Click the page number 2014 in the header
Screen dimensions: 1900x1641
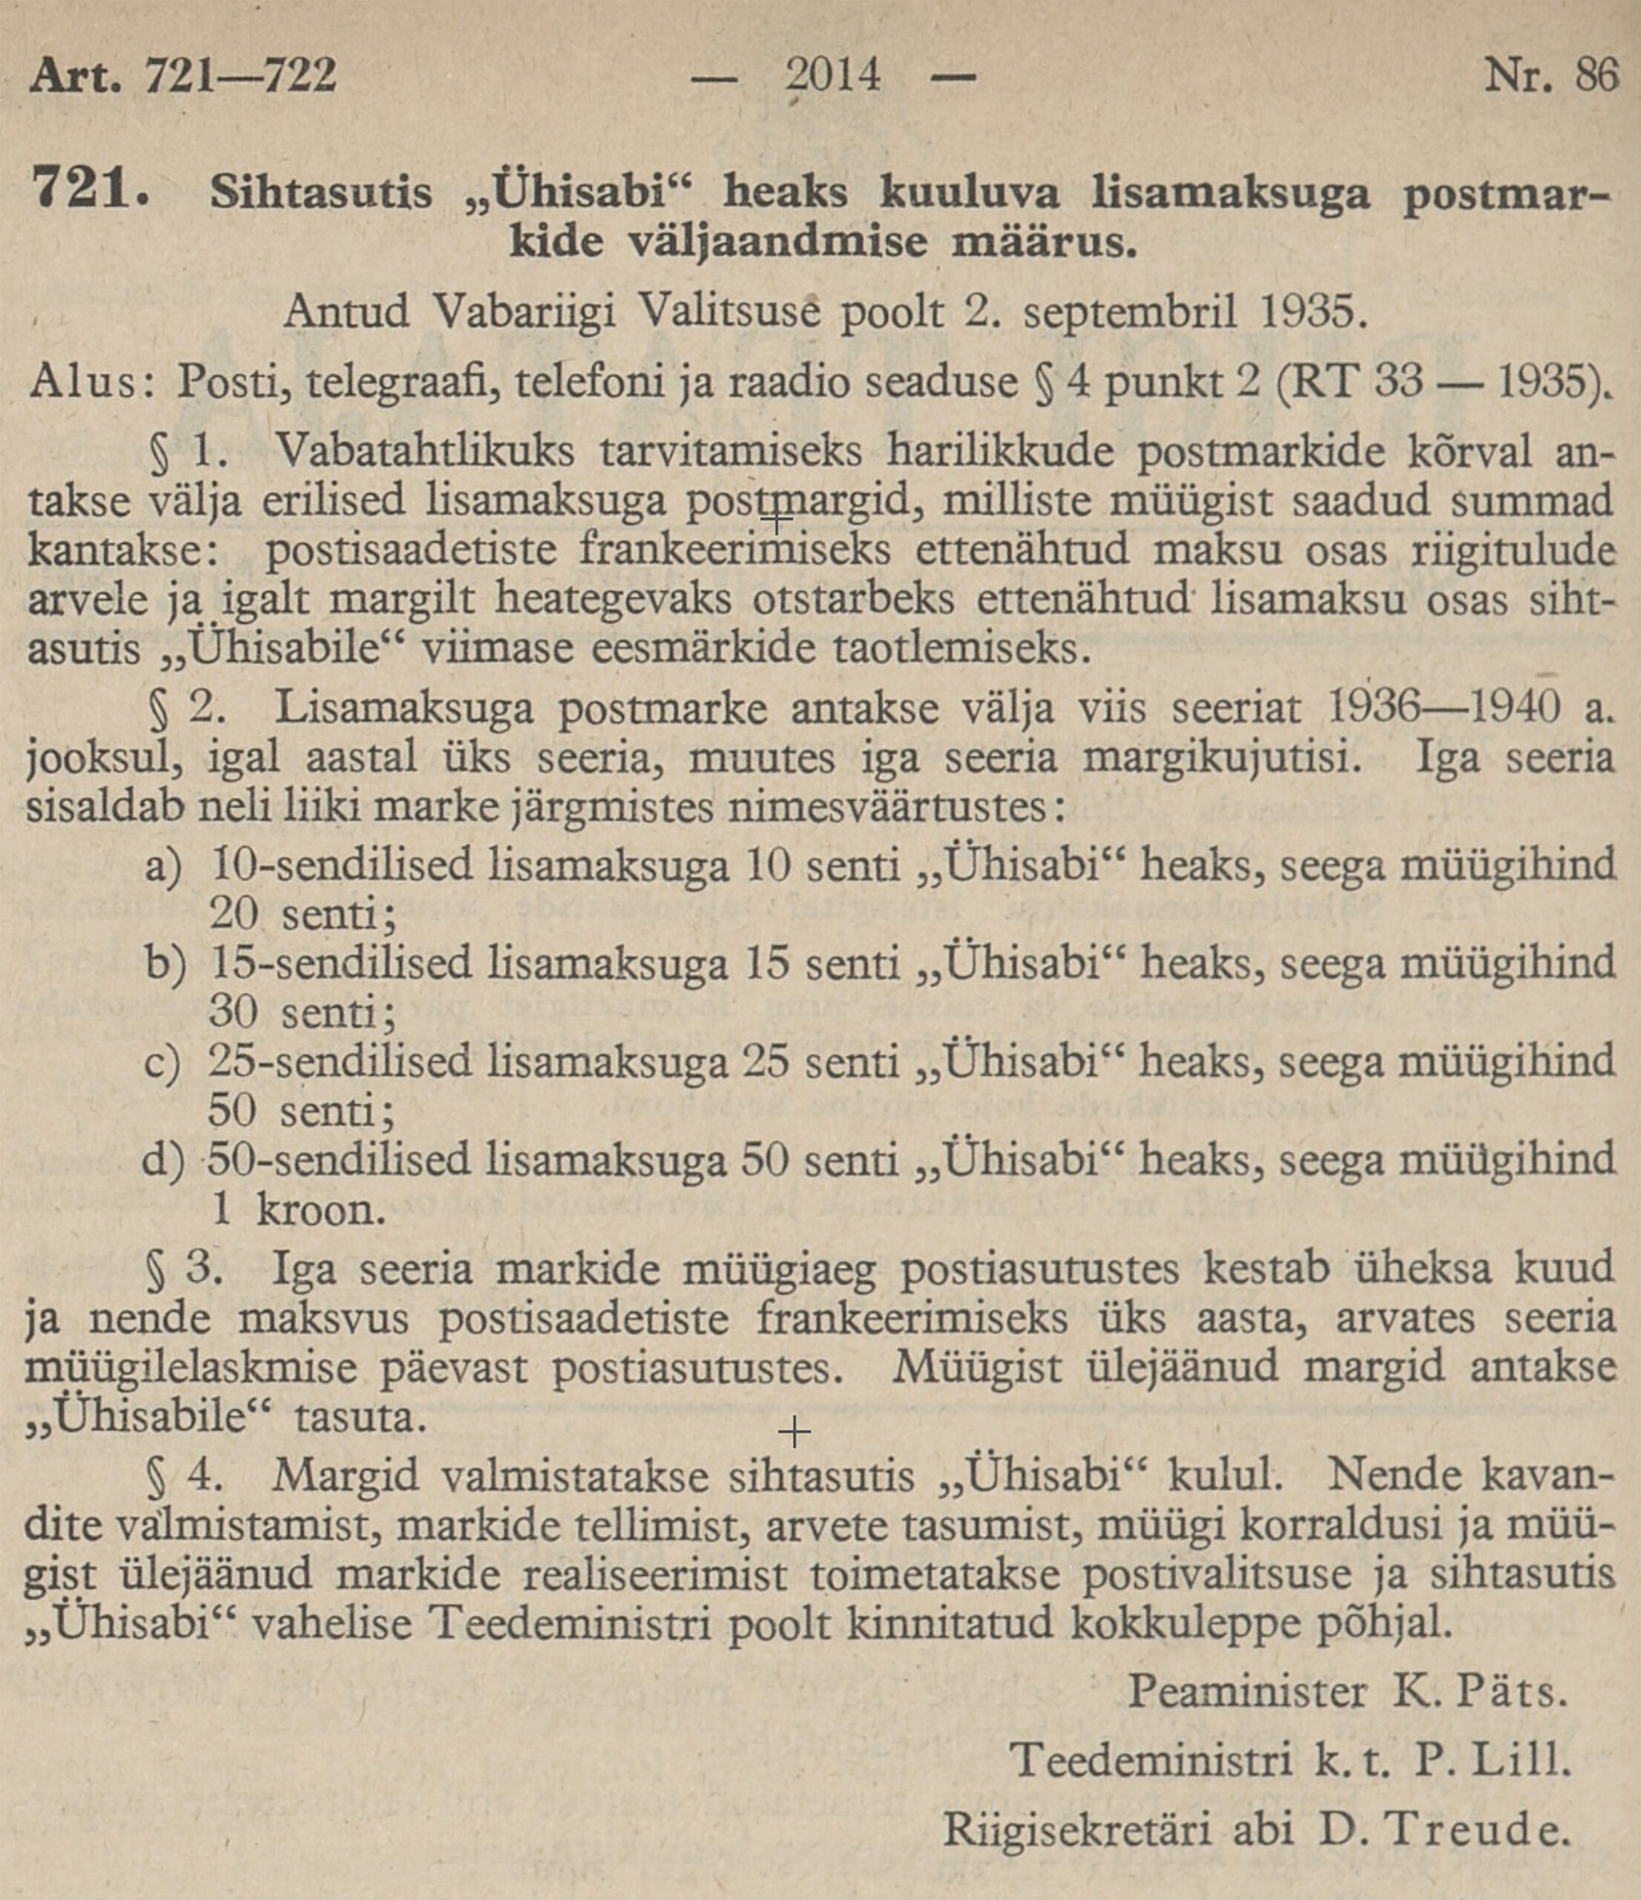tap(832, 75)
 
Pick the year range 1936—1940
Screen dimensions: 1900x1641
tap(1442, 708)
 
